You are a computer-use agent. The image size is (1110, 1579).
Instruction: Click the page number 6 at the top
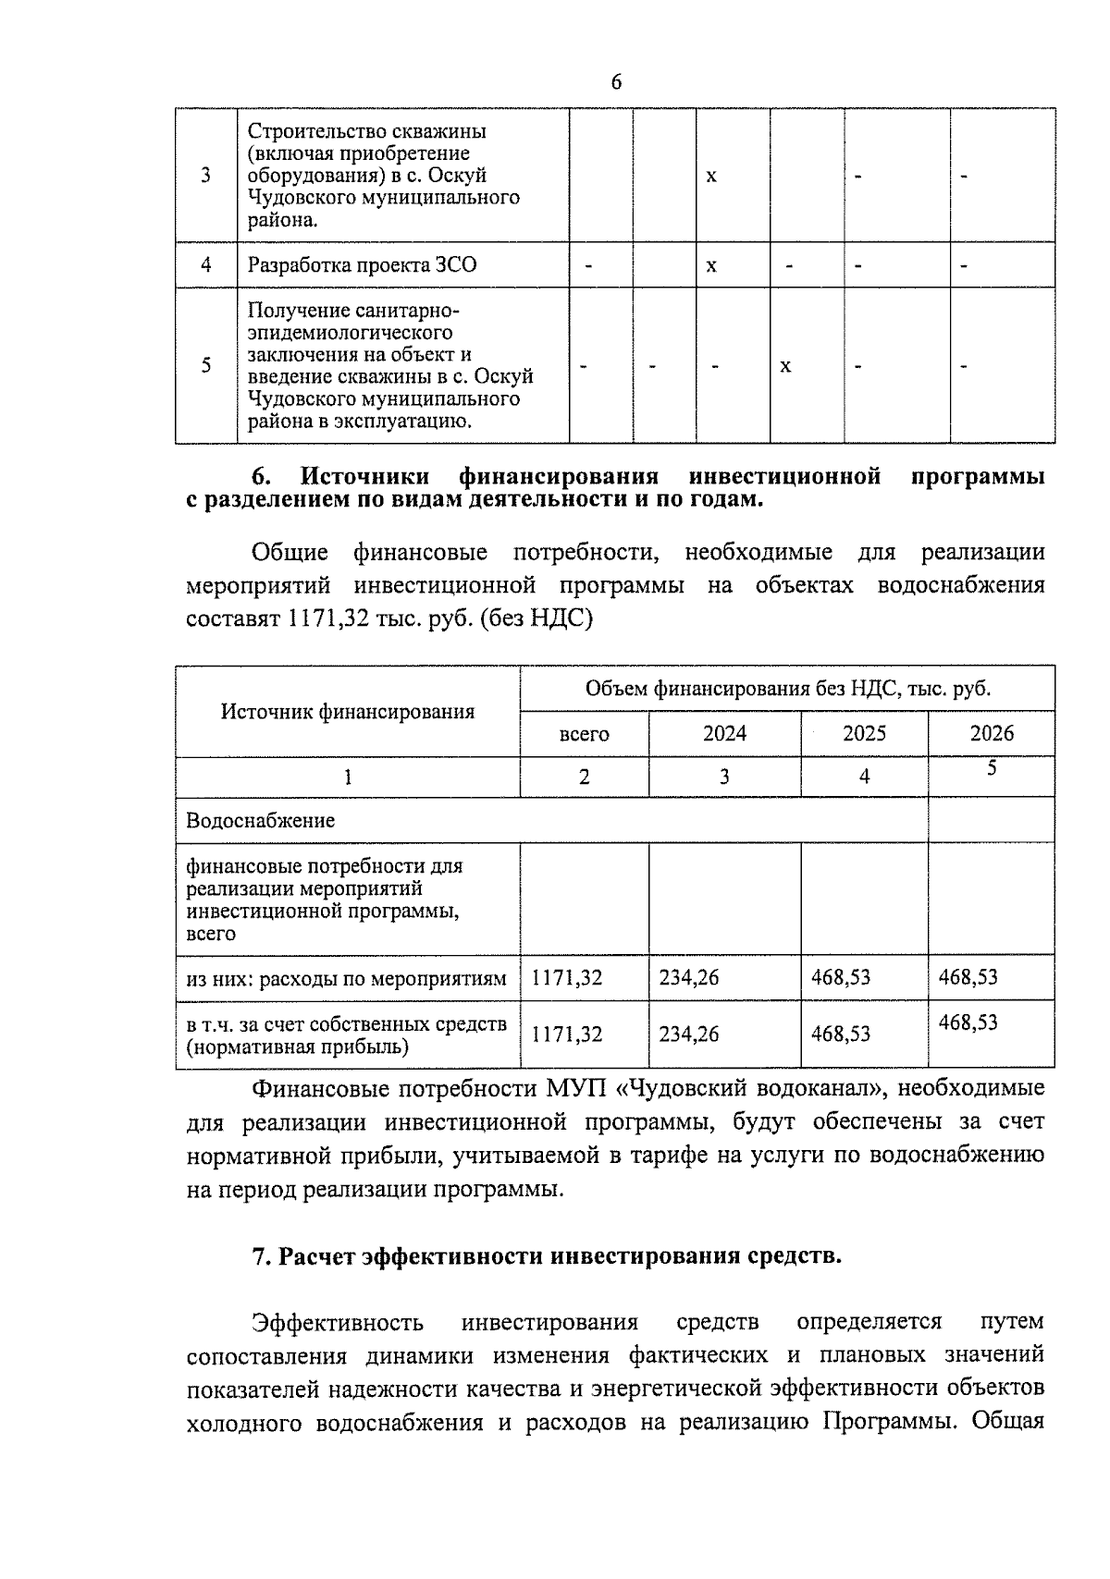[616, 82]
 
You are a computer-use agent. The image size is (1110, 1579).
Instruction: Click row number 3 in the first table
[205, 176]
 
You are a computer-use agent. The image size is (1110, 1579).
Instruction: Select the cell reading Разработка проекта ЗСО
[362, 265]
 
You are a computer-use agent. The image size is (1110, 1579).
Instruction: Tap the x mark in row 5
[785, 366]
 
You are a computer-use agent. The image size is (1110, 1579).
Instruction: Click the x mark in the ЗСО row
[711, 265]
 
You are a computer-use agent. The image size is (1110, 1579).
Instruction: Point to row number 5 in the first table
[205, 365]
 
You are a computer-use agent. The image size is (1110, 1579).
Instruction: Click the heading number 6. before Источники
[262, 477]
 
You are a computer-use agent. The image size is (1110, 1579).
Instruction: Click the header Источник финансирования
[347, 711]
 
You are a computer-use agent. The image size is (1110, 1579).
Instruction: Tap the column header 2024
[724, 734]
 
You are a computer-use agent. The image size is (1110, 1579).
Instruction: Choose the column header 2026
[991, 734]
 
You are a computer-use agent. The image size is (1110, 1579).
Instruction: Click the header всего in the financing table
[584, 734]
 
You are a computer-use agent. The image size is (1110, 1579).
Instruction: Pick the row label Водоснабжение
[260, 820]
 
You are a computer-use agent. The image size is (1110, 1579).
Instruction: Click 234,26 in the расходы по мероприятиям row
[688, 977]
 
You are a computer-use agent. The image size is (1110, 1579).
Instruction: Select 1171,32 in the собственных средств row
[566, 1034]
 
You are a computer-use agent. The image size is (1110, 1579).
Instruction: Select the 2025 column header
[864, 734]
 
